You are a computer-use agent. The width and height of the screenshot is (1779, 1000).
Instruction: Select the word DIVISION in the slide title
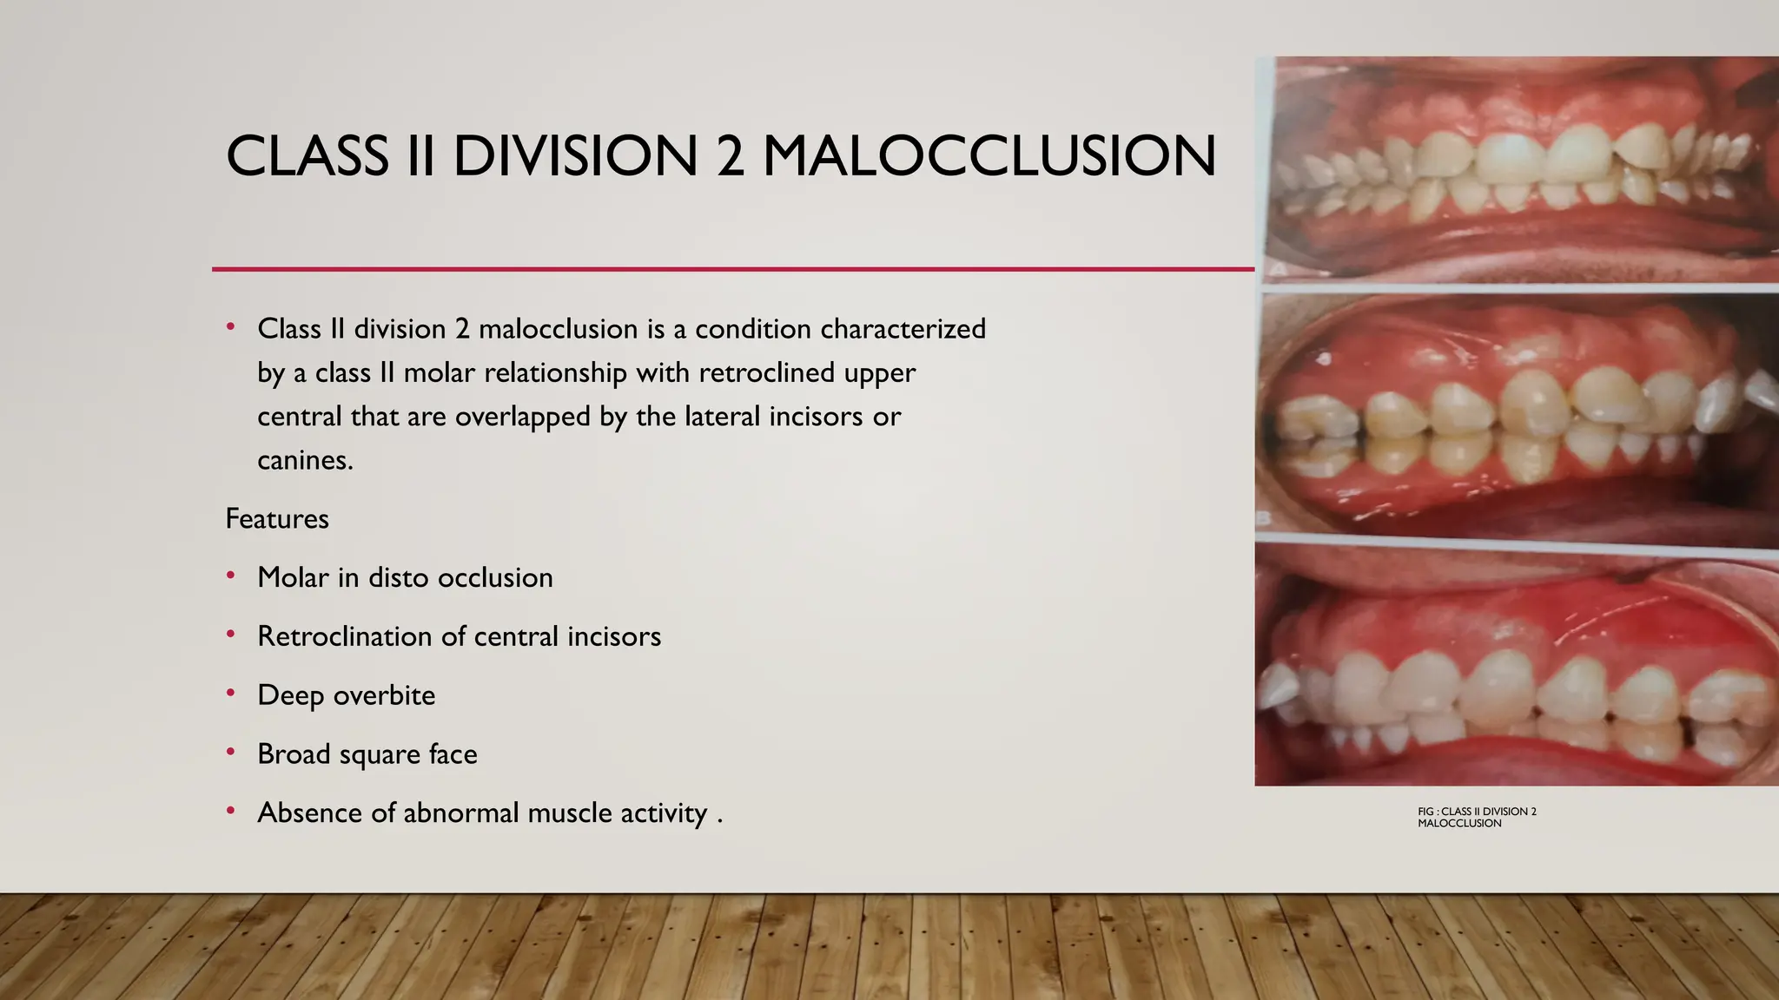click(x=575, y=156)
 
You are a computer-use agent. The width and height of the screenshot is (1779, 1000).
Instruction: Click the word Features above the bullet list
click(x=277, y=519)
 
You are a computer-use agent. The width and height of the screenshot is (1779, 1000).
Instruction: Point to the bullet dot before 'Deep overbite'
click(x=230, y=693)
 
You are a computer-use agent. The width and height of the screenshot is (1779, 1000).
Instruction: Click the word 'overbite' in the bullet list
click(x=384, y=695)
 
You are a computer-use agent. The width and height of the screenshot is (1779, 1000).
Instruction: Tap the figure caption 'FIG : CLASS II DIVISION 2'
click(x=1477, y=812)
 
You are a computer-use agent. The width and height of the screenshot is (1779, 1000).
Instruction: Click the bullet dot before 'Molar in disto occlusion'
click(x=230, y=576)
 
